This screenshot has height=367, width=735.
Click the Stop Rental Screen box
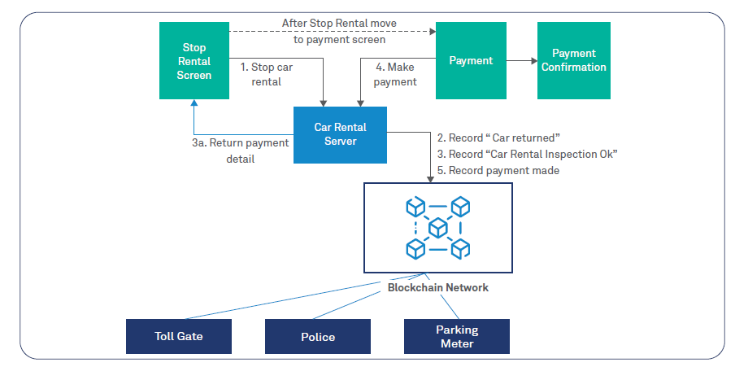tap(194, 62)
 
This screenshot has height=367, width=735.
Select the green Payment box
tap(471, 60)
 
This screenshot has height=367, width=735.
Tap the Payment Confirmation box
tap(573, 60)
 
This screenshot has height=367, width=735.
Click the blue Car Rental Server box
tap(340, 134)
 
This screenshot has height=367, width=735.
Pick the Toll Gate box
tap(178, 336)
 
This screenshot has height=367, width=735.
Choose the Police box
tap(317, 336)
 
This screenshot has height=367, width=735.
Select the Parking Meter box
tap(456, 336)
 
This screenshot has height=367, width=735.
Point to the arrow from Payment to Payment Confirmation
tap(521, 60)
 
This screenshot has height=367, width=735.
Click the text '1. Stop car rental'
tap(266, 74)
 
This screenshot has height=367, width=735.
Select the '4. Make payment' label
tap(395, 74)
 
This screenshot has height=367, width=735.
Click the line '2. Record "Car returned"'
tap(498, 138)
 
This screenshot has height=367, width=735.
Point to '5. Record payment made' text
tap(498, 170)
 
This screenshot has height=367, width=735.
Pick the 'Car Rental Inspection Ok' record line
tap(527, 155)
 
